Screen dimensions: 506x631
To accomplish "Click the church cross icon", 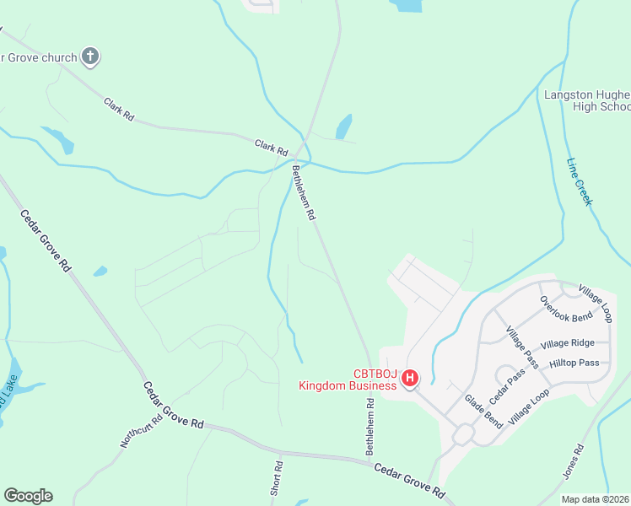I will tap(90, 57).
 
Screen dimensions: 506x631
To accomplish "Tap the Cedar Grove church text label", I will tap(38, 57).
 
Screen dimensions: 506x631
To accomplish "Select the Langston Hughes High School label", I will tap(587, 100).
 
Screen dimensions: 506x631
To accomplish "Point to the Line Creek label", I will tap(580, 182).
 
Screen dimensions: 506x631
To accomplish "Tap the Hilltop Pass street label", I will tap(574, 363).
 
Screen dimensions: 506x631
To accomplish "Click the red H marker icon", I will tap(409, 379).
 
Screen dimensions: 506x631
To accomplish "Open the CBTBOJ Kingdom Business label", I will tap(347, 380).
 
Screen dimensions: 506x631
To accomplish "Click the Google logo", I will tap(28, 496).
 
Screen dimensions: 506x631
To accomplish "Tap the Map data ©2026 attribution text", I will tap(595, 499).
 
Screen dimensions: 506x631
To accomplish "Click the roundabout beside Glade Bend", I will tap(462, 435).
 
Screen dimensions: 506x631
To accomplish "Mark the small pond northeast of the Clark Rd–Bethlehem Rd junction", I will tap(343, 126).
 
